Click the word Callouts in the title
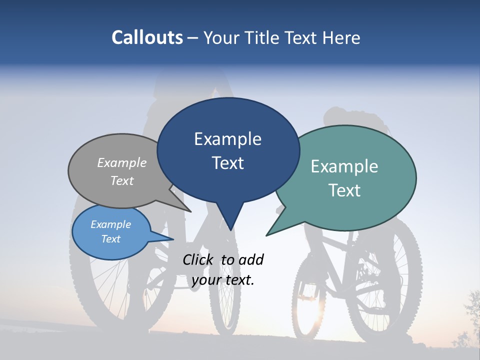point(147,37)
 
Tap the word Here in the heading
point(342,38)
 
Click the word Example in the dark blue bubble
point(227,138)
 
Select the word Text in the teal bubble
point(344,190)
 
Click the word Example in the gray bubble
point(121,162)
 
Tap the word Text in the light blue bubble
point(110,239)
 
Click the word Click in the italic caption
point(198,259)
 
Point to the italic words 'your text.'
point(223,279)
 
